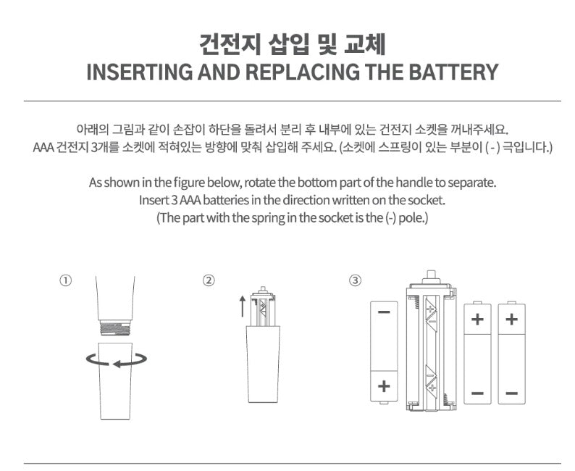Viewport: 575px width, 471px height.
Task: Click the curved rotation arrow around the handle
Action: click(x=117, y=358)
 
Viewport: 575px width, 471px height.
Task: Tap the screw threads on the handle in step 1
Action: click(x=116, y=328)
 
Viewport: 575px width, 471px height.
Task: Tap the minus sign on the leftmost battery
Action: click(x=384, y=312)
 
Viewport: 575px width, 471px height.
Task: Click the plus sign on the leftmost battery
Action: click(x=384, y=386)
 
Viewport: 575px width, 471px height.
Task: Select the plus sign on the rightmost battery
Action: click(x=511, y=318)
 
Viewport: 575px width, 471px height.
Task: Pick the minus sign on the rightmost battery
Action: click(x=511, y=393)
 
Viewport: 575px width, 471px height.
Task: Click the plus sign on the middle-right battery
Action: click(x=477, y=318)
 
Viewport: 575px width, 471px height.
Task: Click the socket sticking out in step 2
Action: click(x=261, y=308)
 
